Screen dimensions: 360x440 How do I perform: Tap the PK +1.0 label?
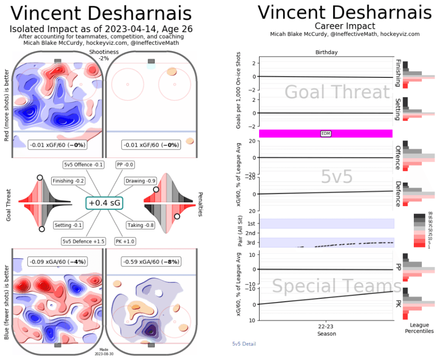tap(125, 241)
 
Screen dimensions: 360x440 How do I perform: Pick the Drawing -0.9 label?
tap(140, 181)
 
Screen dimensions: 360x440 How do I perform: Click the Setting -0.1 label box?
tap(68, 225)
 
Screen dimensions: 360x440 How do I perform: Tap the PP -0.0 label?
tap(125, 164)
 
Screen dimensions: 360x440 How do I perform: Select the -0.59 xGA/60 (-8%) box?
tap(150, 261)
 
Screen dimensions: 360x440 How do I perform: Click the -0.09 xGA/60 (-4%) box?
tap(57, 261)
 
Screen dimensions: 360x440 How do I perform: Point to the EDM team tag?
tap(326, 134)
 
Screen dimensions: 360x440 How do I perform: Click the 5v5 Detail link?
tap(244, 344)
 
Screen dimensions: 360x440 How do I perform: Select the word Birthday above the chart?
tap(326, 52)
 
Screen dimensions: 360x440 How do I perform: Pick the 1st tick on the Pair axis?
tap(251, 224)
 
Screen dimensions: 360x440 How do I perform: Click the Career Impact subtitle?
tap(345, 26)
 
